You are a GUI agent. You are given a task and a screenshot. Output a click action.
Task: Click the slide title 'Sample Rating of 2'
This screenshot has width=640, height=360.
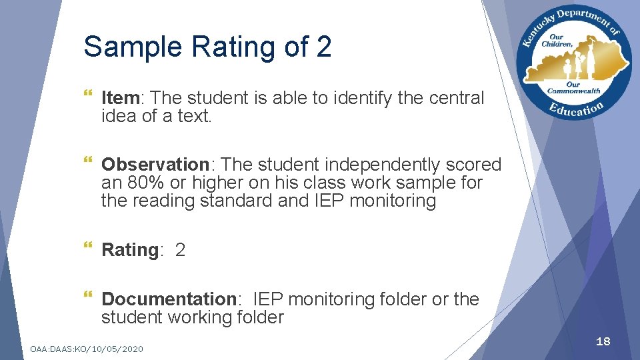[207, 47]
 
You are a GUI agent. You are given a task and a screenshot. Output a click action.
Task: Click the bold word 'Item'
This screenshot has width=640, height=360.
[120, 98]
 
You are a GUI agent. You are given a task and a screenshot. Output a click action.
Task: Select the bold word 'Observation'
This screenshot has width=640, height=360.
[155, 165]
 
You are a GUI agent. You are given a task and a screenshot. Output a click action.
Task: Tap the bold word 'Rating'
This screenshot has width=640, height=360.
[130, 250]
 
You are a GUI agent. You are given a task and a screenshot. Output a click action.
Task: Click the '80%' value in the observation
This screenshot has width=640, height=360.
[139, 183]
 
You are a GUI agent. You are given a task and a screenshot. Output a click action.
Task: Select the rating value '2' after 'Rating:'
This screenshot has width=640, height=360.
[180, 250]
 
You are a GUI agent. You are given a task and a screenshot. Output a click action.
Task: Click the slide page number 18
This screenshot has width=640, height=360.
[603, 341]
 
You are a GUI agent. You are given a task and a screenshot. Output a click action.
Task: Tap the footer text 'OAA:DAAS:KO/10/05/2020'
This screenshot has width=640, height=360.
[86, 349]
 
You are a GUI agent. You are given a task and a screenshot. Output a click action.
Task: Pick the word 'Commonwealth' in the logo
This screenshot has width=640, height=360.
[573, 91]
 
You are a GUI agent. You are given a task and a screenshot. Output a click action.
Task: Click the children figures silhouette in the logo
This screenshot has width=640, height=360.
[575, 65]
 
